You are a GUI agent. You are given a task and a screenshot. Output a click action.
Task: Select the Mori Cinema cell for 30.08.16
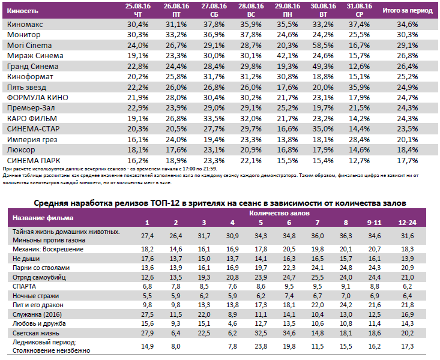tap(322, 45)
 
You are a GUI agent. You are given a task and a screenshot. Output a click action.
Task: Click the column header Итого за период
tap(408, 10)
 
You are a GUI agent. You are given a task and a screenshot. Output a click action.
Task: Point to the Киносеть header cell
tap(22, 10)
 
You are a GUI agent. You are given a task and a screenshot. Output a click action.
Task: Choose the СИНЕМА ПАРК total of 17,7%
tap(408, 160)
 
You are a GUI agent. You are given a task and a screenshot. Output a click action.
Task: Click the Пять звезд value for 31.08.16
tap(358, 87)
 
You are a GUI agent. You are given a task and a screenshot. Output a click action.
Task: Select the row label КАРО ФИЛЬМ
tap(29, 118)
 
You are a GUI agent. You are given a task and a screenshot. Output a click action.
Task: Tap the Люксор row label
tap(21, 149)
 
